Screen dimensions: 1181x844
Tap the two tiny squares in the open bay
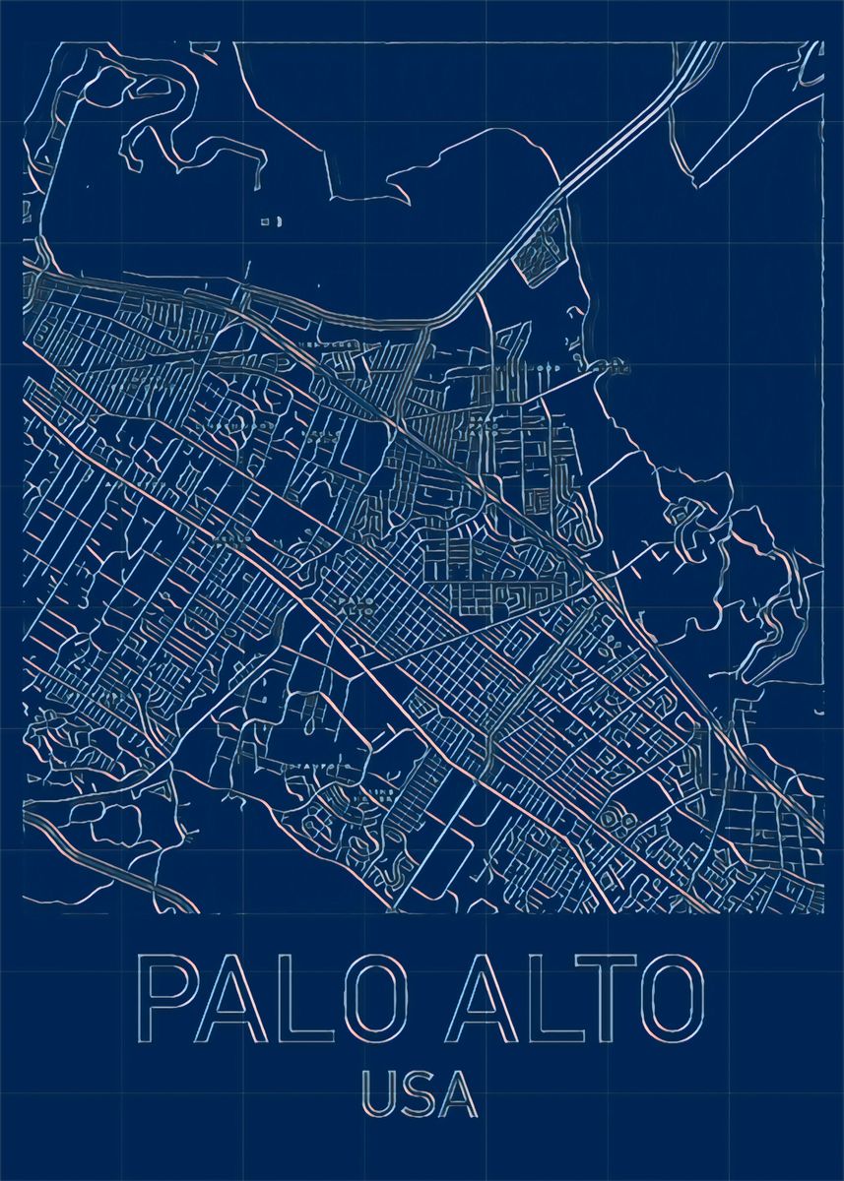coord(270,222)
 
